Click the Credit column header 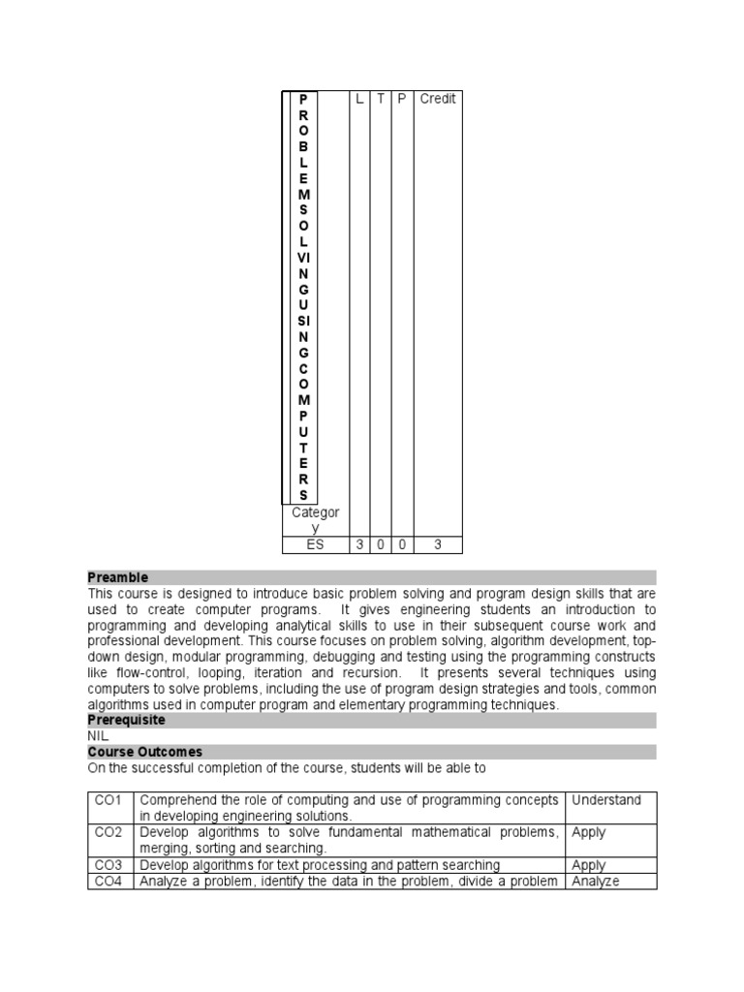(438, 99)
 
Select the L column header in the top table (359, 99)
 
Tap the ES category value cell (315, 545)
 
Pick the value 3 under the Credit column (438, 545)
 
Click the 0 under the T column (381, 545)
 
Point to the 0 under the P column (402, 545)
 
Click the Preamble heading (118, 577)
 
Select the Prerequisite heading (126, 721)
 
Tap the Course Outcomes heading (144, 752)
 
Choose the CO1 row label (108, 800)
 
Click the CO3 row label (108, 865)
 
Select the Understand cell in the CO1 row (606, 800)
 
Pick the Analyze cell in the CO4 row (596, 882)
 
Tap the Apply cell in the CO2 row (589, 833)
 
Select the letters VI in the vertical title (303, 257)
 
